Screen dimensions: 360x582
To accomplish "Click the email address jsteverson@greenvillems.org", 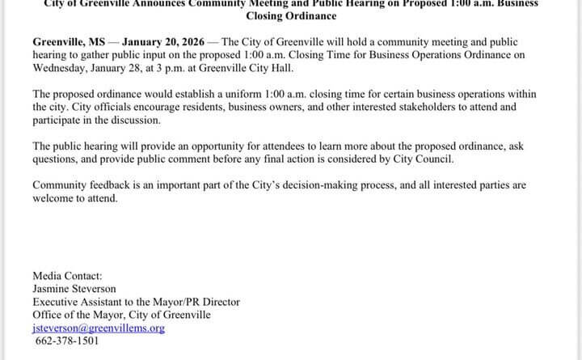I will point(98,328).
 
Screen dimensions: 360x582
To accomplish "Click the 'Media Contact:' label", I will point(67,275).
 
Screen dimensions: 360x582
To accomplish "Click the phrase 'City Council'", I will point(421,159).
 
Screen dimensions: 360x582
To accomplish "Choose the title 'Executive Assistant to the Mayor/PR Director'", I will point(136,302).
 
